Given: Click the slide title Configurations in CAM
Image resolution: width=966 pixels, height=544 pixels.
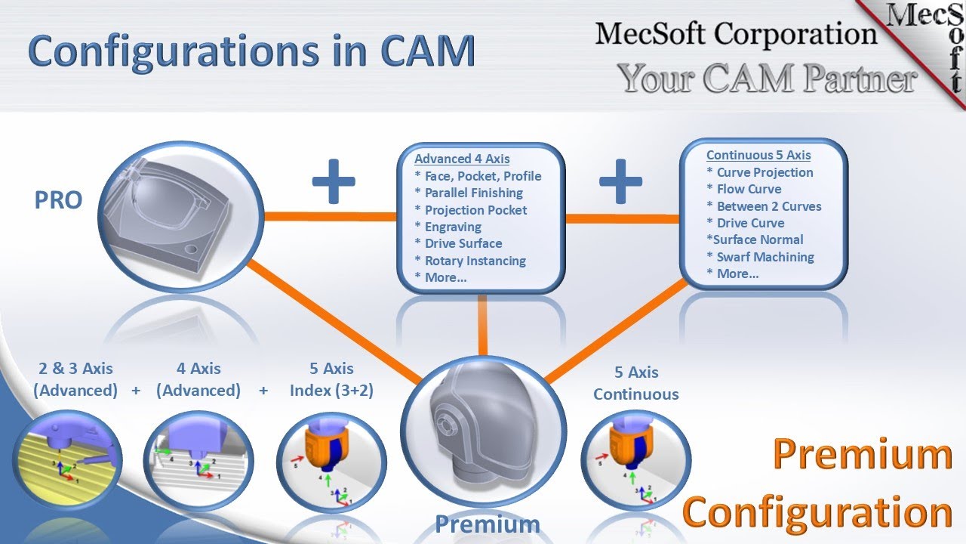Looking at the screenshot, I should pos(252,51).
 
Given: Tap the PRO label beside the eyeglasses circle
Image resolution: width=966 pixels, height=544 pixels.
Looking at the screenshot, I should pos(58,201).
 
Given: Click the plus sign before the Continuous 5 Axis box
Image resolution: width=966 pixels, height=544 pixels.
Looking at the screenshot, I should pos(620,181).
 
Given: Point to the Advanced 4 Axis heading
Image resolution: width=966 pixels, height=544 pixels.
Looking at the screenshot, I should pos(462,159).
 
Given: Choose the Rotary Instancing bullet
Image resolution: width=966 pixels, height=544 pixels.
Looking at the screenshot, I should pos(475,261).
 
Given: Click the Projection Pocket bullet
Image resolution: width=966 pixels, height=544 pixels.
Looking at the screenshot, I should pos(475,210).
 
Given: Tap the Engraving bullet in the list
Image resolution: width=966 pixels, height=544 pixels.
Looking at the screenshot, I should pos(453,227).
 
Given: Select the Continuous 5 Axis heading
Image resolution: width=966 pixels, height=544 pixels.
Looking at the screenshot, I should pos(758,155).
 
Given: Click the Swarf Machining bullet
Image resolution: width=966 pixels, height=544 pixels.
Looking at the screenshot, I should pos(764,257).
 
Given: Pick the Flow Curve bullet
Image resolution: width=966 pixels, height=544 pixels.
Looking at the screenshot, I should pos(749,189).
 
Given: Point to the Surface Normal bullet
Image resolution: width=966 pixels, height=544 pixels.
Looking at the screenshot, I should pos(755,240).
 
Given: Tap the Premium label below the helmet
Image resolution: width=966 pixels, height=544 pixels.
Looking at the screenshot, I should pos(487,524).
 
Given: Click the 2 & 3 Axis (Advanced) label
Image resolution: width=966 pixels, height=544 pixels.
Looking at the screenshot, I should pos(75,379).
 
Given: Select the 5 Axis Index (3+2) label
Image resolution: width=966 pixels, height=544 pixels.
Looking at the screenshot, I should pos(331,379).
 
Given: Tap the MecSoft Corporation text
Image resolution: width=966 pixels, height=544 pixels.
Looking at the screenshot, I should pos(736,34).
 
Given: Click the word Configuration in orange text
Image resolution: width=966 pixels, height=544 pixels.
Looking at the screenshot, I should pos(817,512).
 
